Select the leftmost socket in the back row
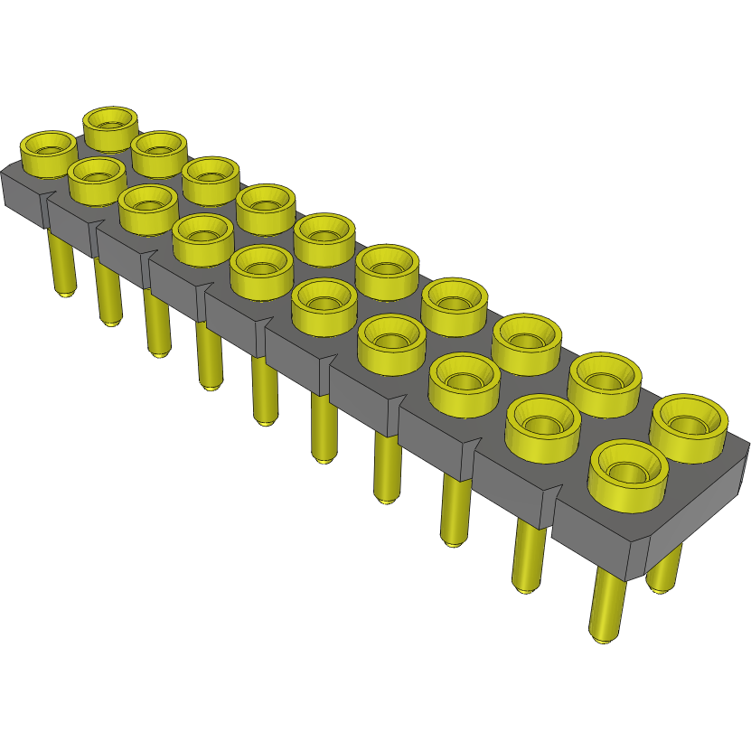pyautogui.click(x=110, y=119)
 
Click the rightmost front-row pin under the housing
pyautogui.click(x=607, y=605)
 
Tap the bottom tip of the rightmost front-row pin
pyautogui.click(x=600, y=638)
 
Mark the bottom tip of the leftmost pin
pyautogui.click(x=65, y=293)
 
